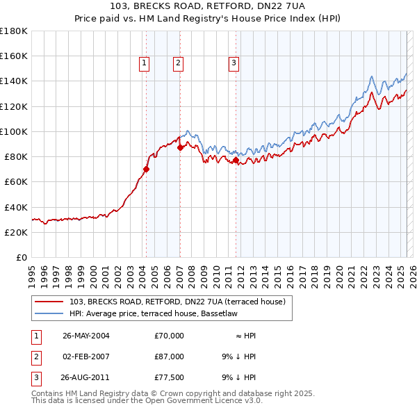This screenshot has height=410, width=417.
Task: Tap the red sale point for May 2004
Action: click(147, 169)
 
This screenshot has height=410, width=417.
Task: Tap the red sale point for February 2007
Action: click(180, 147)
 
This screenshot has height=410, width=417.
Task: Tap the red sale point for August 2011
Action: click(236, 160)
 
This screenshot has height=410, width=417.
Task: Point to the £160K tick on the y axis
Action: click(14, 56)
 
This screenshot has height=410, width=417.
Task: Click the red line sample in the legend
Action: click(49, 302)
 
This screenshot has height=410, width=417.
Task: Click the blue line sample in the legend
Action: click(49, 314)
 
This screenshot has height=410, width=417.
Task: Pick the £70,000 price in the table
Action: click(169, 336)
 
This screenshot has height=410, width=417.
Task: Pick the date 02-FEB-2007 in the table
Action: click(85, 356)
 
